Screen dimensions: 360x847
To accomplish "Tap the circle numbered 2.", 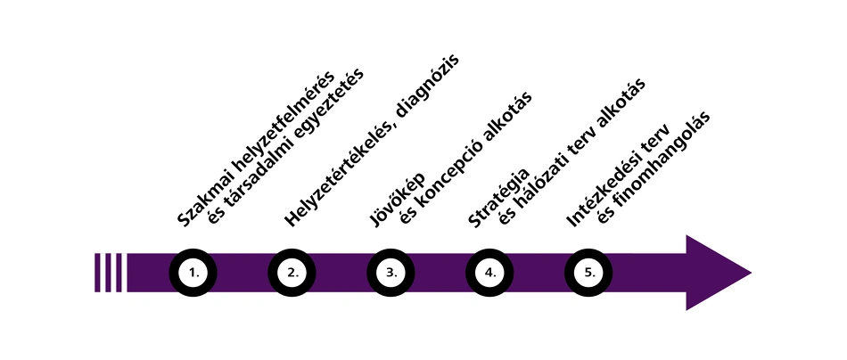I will coord(292,273).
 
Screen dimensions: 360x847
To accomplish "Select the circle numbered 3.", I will coord(391,273).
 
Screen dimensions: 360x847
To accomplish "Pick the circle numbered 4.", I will coord(490,273).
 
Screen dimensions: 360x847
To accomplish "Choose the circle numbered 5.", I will coord(589,273).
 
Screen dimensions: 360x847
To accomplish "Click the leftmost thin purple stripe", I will coord(97,273).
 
